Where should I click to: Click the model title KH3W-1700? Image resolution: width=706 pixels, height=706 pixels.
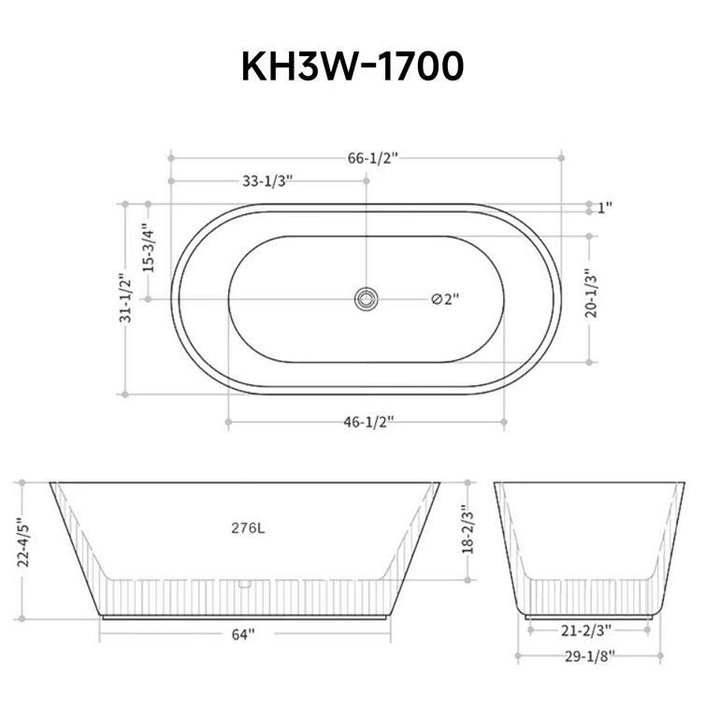pyautogui.click(x=353, y=66)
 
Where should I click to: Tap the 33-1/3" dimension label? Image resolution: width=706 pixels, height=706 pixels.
pyautogui.click(x=267, y=181)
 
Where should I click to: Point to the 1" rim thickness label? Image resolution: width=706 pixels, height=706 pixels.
pyautogui.click(x=605, y=208)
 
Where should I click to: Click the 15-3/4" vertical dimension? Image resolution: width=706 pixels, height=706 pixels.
pyautogui.click(x=146, y=248)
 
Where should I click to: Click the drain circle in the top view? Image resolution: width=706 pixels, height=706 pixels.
pyautogui.click(x=366, y=299)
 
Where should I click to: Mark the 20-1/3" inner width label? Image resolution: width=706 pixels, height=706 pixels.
pyautogui.click(x=588, y=295)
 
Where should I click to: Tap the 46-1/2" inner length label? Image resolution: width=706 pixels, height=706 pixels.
pyautogui.click(x=365, y=423)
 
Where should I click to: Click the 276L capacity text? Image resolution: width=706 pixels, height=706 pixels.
pyautogui.click(x=248, y=527)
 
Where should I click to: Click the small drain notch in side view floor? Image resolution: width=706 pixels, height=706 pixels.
pyautogui.click(x=245, y=584)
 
